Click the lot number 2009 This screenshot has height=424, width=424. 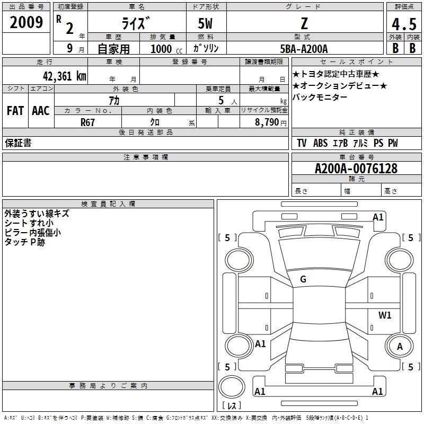click(x=26, y=23)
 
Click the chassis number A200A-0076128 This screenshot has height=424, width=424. click(x=356, y=169)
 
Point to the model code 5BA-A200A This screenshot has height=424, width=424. click(x=304, y=49)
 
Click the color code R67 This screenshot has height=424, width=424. click(x=87, y=121)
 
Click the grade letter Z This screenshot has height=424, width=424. click(x=303, y=23)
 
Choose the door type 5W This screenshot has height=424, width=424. click(x=206, y=24)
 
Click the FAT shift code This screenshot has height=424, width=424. click(x=15, y=111)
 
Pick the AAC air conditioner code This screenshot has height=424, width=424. click(x=41, y=111)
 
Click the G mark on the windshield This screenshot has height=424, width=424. click(x=303, y=279)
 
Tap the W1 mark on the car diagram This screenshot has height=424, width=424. click(x=385, y=315)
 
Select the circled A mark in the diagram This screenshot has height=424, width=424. click(x=400, y=346)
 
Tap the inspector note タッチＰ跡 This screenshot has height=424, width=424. click(x=25, y=242)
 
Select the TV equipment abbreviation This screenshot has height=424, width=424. click(x=302, y=143)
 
